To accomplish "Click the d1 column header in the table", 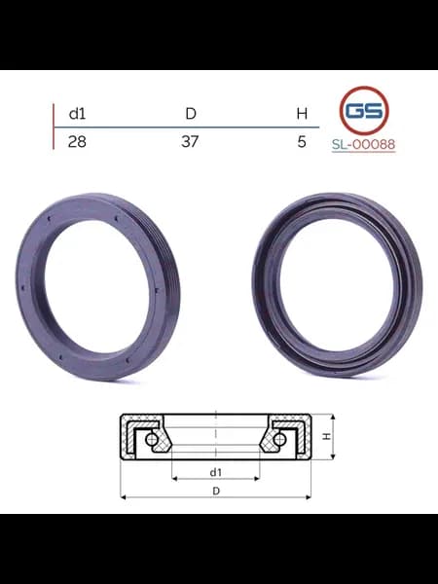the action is [x=77, y=113].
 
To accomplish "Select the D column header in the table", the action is [x=191, y=113].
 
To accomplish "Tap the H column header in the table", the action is [x=302, y=113].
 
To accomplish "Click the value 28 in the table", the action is [x=77, y=141].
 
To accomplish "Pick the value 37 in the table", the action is [x=190, y=141].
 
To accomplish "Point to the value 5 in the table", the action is [x=302, y=141].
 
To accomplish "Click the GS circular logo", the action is [x=364, y=111].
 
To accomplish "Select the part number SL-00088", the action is [x=363, y=144].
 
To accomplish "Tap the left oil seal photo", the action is [x=98, y=286].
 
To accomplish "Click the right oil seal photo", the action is [x=338, y=285].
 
